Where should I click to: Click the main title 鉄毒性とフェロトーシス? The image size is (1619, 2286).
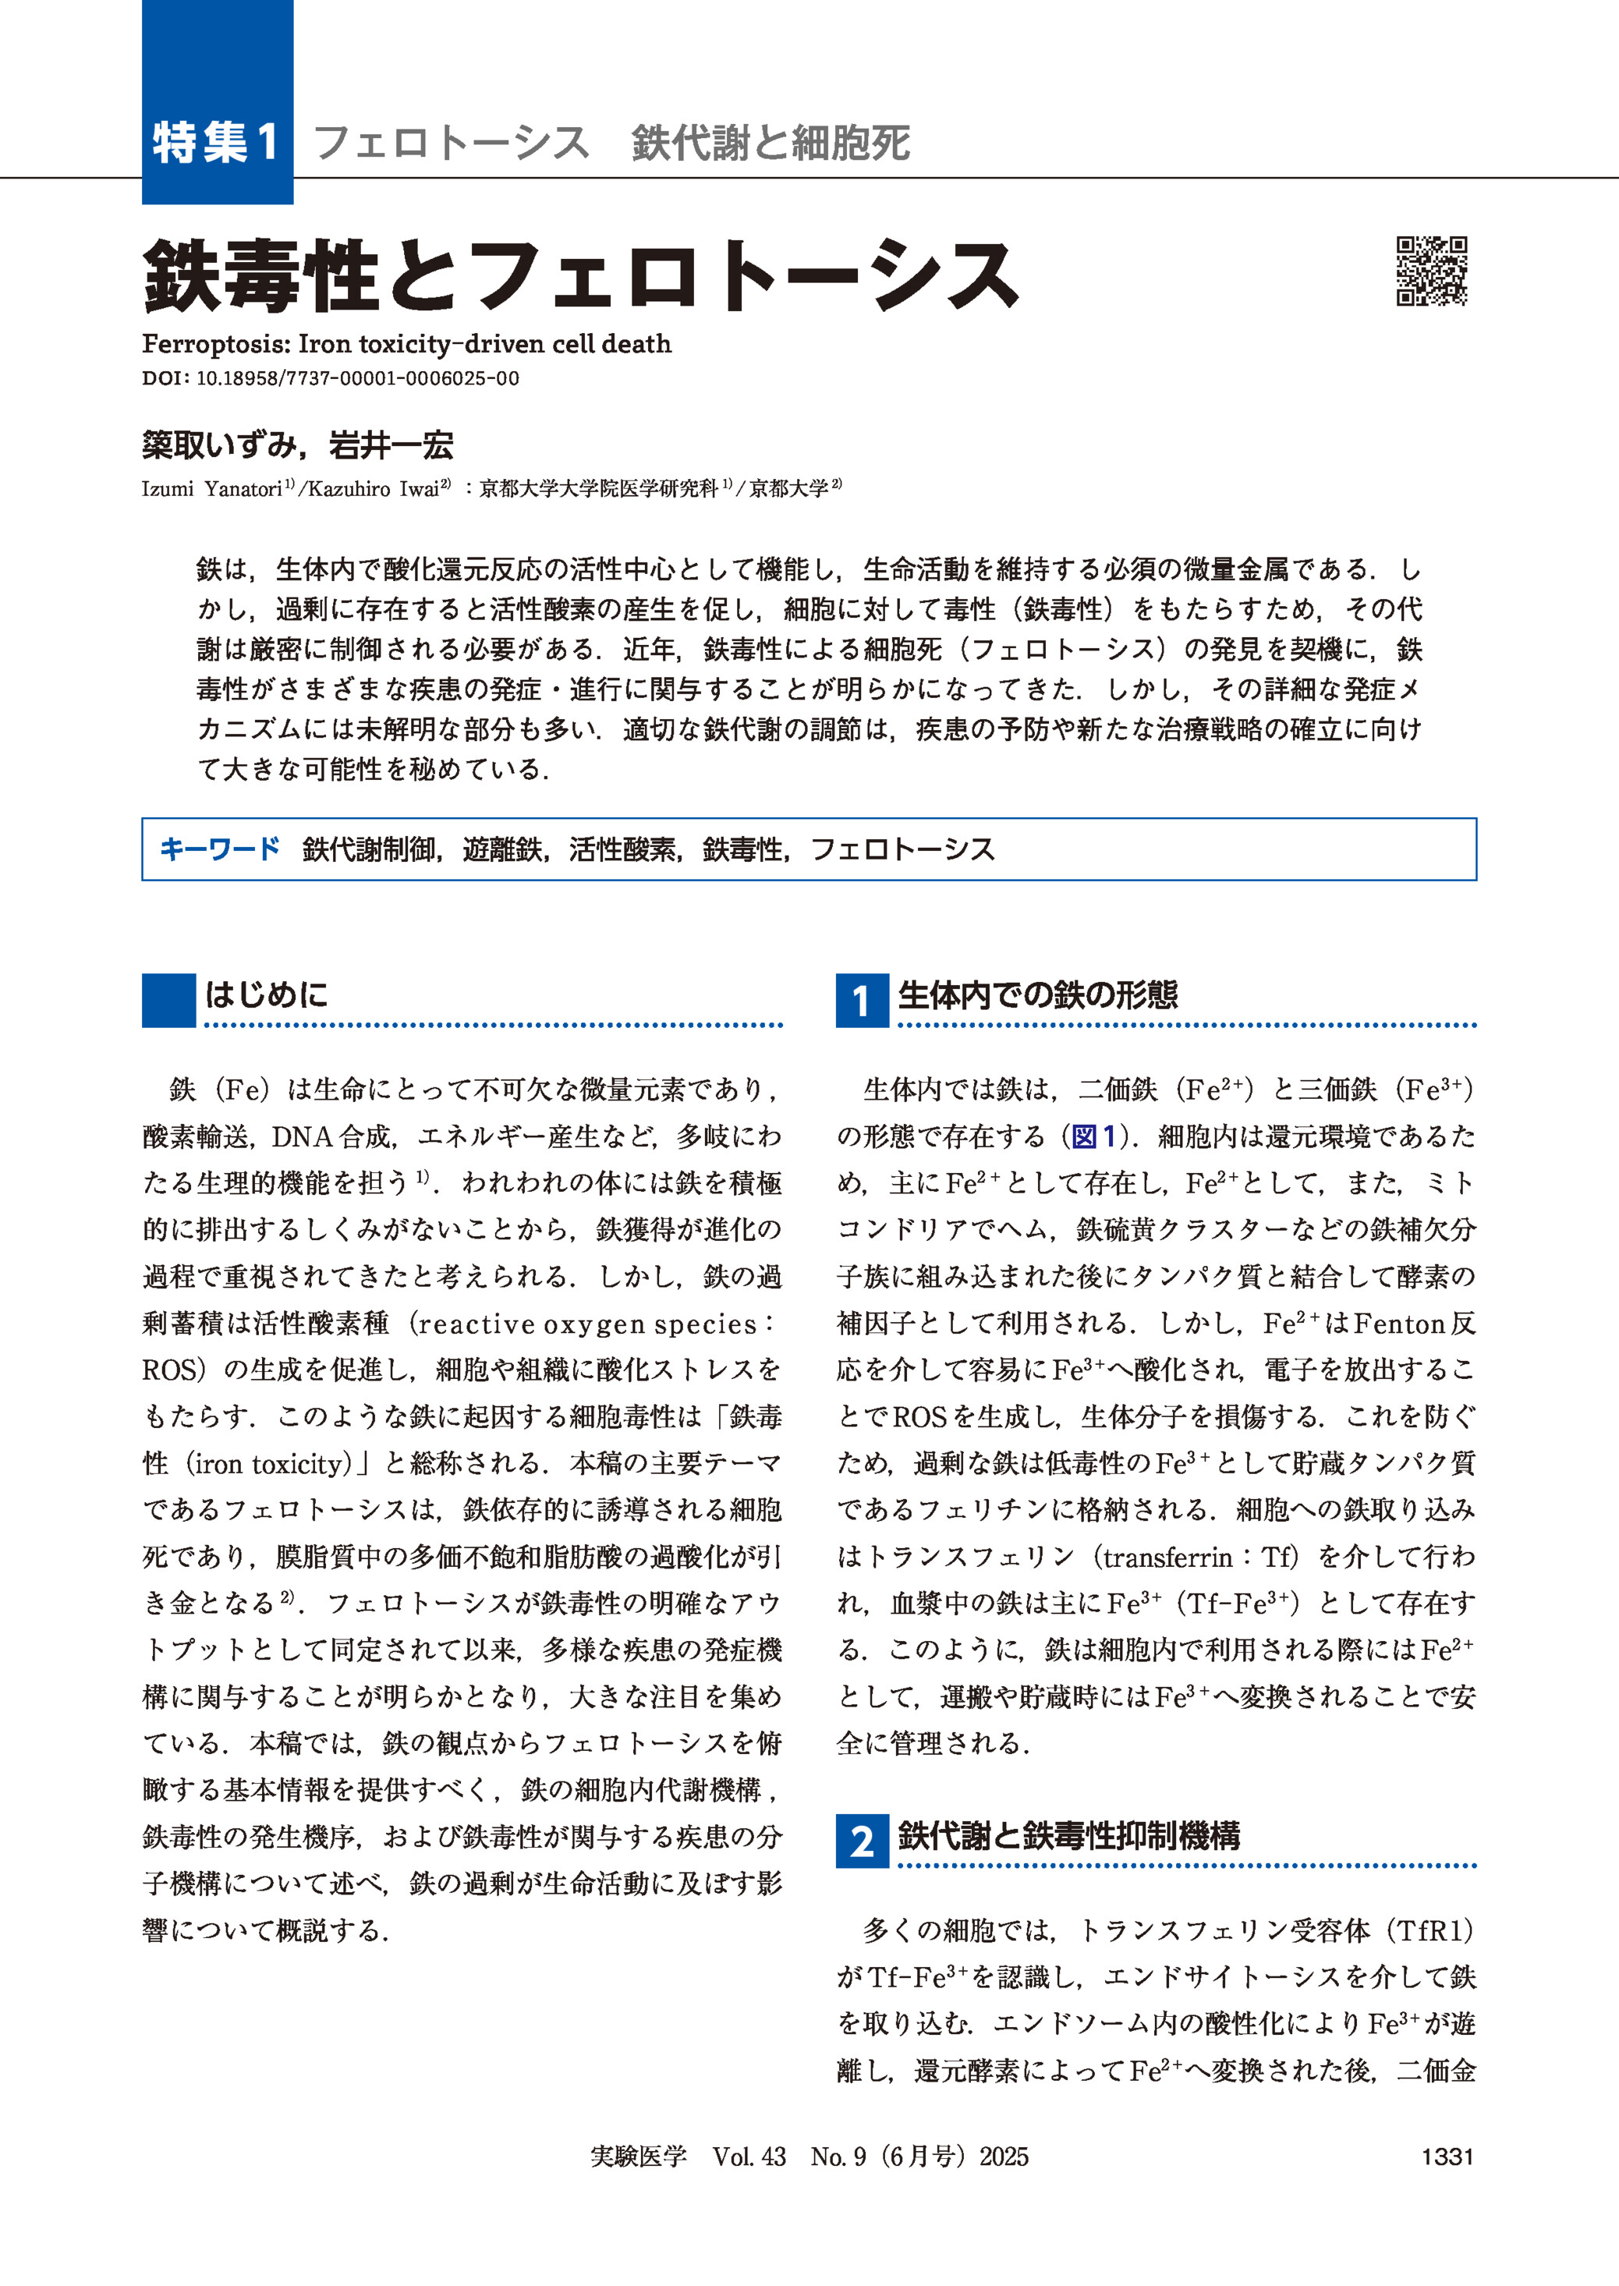[x=581, y=276]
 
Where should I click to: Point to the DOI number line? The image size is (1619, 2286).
[x=330, y=379]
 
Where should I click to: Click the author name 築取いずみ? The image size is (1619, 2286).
[x=218, y=445]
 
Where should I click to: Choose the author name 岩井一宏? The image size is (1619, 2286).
[x=391, y=445]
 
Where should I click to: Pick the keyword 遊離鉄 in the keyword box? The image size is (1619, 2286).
[x=501, y=849]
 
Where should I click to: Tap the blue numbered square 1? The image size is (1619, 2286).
[x=861, y=1001]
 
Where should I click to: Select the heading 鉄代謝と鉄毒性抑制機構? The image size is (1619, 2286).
[x=1068, y=1835]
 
